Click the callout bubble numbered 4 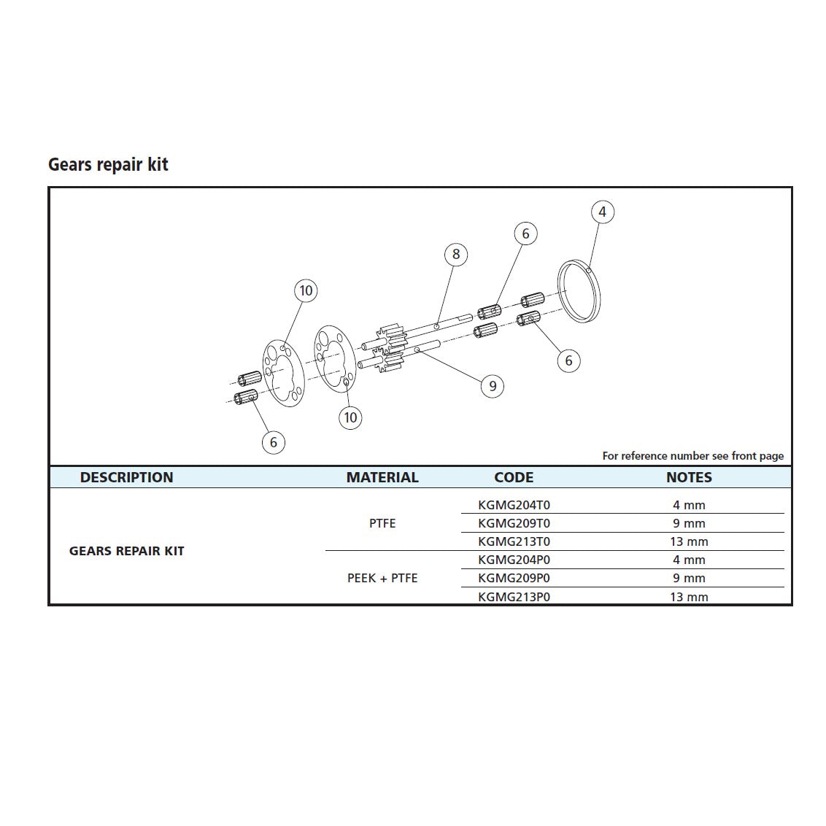602,212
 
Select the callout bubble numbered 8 456,254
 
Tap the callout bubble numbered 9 493,386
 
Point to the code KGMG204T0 514,505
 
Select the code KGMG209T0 514,523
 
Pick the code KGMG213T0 514,541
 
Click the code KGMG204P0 514,560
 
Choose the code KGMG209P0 514,578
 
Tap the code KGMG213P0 514,597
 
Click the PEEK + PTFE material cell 382,578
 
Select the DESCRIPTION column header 126,477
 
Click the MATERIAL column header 382,477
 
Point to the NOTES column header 689,477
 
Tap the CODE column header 514,477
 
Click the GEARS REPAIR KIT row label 126,551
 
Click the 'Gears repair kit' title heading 108,165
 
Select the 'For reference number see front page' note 692,456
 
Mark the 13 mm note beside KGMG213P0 689,597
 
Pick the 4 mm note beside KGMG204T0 689,505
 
